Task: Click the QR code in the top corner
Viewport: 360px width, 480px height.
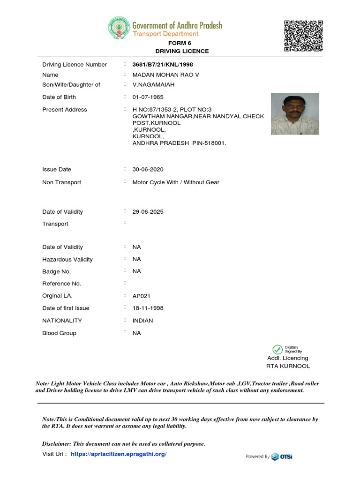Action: (304, 36)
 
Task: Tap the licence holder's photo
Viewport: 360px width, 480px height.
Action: (295, 114)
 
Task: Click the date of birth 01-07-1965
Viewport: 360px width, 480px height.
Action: (148, 97)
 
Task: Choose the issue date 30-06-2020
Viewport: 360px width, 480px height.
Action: (148, 170)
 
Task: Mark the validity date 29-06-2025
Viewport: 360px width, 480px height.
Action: (148, 212)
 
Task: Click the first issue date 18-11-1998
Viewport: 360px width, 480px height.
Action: (148, 308)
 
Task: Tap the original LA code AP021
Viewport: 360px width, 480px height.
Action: (142, 296)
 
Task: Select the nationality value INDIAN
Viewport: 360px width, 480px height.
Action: (143, 321)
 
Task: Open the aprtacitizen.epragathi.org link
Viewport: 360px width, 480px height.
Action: (119, 454)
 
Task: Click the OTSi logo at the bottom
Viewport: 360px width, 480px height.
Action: (282, 457)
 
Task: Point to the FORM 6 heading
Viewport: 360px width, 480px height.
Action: (182, 43)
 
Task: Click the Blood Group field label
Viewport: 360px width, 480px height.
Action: (59, 333)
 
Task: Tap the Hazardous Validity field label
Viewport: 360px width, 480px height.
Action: (67, 260)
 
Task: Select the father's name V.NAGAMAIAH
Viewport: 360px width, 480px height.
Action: (153, 85)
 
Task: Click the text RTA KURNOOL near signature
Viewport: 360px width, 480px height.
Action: (288, 366)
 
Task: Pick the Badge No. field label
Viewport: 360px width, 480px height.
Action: (56, 271)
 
